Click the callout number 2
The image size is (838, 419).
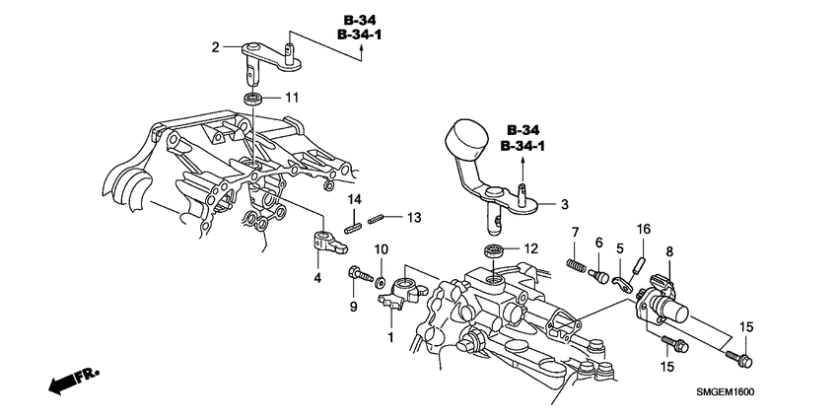point(214,46)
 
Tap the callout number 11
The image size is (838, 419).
point(291,97)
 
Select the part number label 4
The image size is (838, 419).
point(317,278)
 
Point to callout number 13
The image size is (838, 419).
point(414,217)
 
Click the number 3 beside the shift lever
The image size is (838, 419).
point(564,205)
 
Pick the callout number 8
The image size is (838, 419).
point(669,251)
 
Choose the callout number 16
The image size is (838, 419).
point(642,229)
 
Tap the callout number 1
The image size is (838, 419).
point(390,338)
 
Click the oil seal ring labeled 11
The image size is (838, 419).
point(254,99)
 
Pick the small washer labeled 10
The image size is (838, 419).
point(381,267)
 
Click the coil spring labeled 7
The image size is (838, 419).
point(577,265)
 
